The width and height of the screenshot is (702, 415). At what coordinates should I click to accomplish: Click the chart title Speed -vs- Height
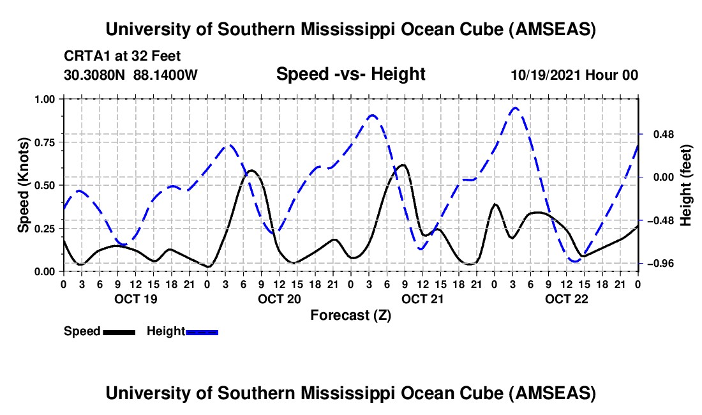350,74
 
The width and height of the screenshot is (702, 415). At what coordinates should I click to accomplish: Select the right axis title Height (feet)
685,185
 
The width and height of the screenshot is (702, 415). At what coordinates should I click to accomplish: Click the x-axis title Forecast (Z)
350,315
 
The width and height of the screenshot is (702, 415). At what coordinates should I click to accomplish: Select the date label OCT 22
565,299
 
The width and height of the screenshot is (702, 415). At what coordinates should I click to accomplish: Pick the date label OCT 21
422,299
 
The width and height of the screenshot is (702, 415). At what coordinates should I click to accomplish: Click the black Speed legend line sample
119,332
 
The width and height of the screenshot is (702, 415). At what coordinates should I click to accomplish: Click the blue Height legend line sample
202,332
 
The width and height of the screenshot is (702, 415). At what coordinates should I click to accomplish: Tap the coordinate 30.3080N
94,75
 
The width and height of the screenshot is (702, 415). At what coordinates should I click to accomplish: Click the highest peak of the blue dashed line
515,108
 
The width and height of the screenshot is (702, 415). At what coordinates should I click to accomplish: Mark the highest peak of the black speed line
403,165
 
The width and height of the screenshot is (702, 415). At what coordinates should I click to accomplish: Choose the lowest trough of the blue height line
574,261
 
